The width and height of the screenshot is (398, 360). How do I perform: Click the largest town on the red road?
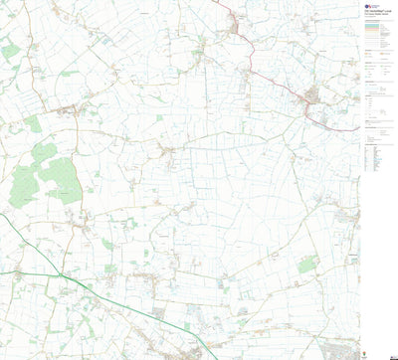click(311, 96)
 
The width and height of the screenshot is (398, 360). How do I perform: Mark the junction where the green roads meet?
click(62, 273)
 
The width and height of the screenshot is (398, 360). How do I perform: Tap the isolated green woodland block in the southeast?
click(307, 265)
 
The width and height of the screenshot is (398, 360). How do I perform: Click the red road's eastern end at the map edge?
click(356, 129)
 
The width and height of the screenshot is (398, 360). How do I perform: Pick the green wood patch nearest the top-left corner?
click(10, 50)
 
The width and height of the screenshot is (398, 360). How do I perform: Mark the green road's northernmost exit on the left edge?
click(2, 214)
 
